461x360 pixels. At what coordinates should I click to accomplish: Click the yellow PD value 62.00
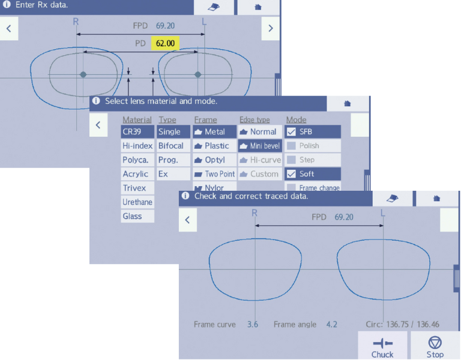165,43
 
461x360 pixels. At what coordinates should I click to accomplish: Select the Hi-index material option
137,146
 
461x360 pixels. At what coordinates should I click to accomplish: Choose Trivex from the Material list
137,188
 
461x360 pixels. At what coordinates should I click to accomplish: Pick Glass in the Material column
137,216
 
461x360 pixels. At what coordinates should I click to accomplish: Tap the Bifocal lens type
173,146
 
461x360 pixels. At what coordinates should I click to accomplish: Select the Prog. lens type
173,160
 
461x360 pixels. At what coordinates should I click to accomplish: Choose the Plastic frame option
215,146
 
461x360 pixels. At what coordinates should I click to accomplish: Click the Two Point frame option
215,174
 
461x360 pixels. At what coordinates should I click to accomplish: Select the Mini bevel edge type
260,146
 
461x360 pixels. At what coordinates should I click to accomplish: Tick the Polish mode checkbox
291,146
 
